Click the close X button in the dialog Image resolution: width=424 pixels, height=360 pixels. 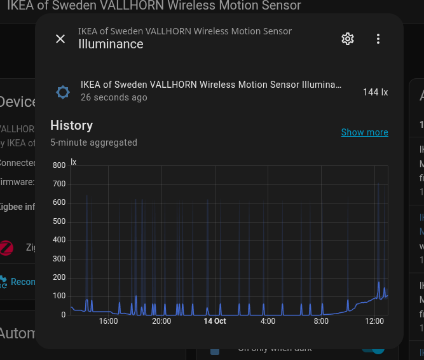[60, 39]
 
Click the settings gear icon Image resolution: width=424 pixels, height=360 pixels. [347, 39]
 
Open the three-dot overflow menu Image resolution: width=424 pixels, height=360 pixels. [378, 39]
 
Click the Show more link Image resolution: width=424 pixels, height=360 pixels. [364, 132]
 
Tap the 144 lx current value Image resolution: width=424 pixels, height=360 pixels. [375, 92]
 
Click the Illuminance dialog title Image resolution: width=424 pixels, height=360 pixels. [111, 44]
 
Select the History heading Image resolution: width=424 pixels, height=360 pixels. [72, 125]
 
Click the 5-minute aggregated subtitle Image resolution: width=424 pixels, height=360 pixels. [93, 142]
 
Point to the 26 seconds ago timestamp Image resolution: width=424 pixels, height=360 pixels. [114, 98]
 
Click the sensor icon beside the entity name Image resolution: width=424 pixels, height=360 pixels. [63, 92]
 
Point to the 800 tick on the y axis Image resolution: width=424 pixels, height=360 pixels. [59, 165]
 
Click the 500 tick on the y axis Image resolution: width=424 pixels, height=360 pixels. [59, 221]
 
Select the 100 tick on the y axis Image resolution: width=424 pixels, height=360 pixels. [59, 296]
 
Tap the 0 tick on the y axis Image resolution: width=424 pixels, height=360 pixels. [63, 315]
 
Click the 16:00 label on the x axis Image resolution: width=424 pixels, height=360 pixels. [109, 321]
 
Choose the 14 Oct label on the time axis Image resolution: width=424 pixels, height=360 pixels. [215, 321]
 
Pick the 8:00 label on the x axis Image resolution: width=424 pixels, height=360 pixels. [321, 321]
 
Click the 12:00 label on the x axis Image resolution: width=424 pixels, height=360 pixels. [374, 321]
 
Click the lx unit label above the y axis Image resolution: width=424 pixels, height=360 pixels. [73, 162]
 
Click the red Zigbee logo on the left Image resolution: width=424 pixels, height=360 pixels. [6, 247]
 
